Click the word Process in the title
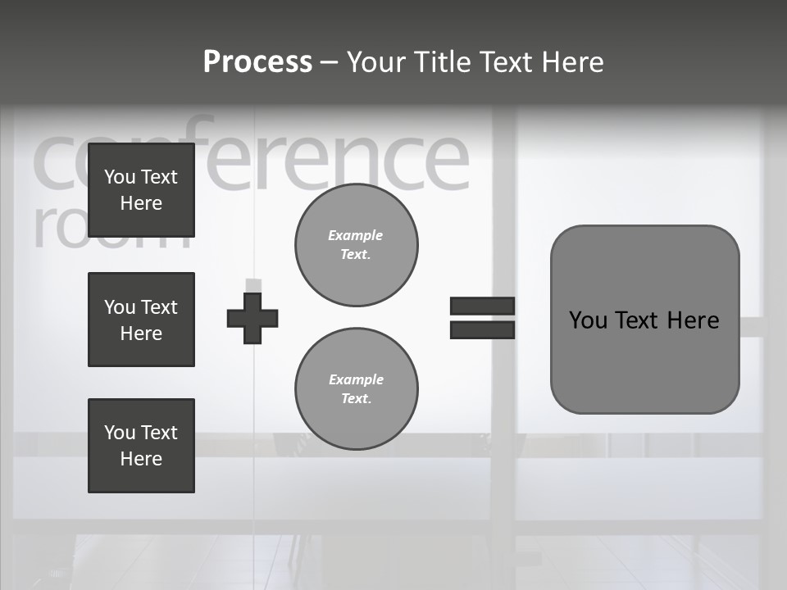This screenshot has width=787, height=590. [257, 62]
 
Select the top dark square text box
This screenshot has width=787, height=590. [141, 190]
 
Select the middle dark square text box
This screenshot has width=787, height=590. [141, 320]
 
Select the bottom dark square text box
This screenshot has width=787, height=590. [141, 445]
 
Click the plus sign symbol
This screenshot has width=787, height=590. [252, 318]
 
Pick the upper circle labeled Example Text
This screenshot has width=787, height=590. [356, 245]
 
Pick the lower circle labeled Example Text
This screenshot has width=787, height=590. [356, 388]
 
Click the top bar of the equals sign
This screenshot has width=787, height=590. [482, 306]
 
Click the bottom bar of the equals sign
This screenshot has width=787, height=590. [482, 329]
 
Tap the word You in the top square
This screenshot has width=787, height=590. [119, 177]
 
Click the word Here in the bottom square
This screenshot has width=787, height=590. [141, 459]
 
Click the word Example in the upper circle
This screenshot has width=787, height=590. [355, 235]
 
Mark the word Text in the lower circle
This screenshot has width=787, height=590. [355, 398]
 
